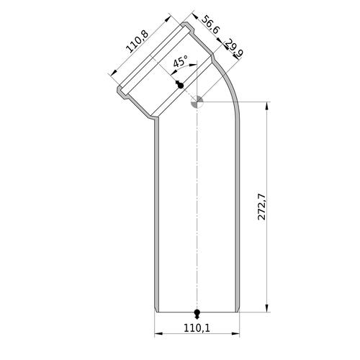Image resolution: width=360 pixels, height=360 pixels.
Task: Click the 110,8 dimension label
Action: point(138,42)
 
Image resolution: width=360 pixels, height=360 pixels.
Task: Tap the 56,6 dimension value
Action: point(210,25)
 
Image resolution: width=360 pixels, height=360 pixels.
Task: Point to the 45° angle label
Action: point(180,61)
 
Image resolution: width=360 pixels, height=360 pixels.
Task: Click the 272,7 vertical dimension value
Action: point(261,207)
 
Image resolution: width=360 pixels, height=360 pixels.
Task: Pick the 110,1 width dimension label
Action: point(197,328)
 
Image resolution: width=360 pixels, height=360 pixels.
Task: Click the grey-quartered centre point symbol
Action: point(197,102)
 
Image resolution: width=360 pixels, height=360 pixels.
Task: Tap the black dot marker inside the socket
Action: point(180,84)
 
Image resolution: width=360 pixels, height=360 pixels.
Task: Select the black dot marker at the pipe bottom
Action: point(197,314)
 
